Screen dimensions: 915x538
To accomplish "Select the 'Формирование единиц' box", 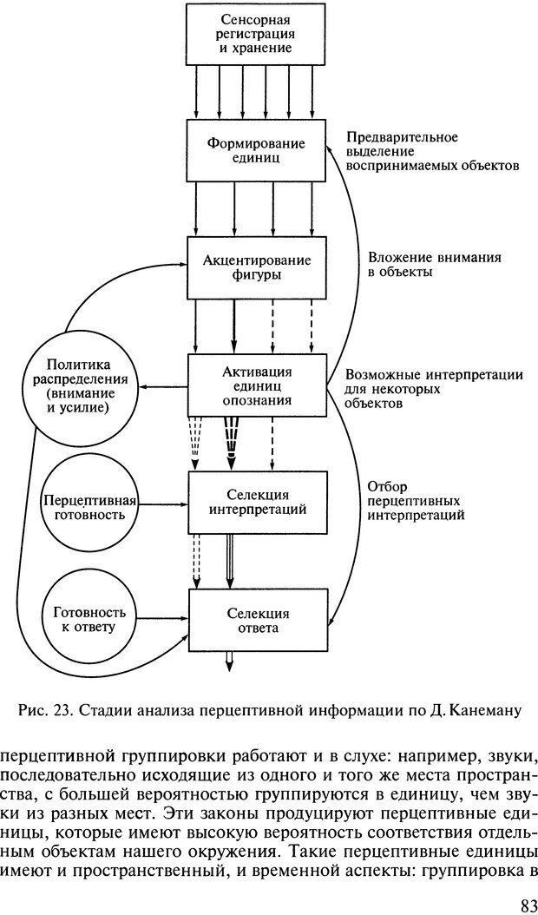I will pos(255,150).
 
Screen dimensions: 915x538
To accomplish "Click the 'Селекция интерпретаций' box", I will pos(257,501).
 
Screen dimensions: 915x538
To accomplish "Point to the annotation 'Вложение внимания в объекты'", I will pos(423,265).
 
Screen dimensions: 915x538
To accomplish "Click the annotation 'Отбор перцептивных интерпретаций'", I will pos(415,500).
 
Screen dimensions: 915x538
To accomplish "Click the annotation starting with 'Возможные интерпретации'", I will pos(433,388).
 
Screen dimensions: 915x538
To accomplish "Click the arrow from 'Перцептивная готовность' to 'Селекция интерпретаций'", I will pos(164,503).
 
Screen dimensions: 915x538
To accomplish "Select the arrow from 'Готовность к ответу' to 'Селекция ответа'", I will pos(164,617).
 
